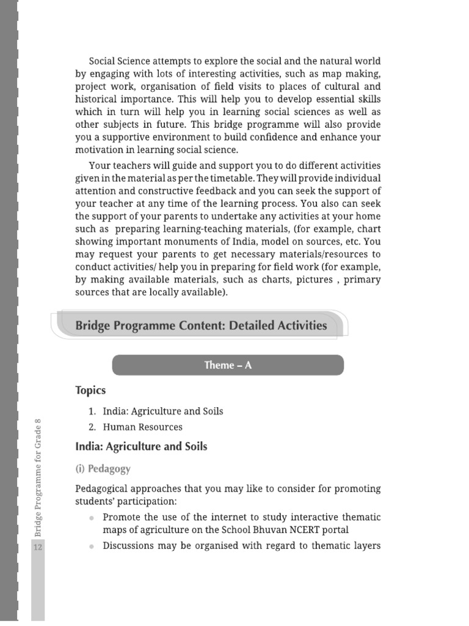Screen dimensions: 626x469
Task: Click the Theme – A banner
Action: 228,365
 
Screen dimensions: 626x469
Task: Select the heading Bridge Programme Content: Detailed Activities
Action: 201,325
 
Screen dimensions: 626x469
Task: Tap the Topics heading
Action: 90,390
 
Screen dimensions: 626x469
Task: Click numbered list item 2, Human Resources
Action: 142,427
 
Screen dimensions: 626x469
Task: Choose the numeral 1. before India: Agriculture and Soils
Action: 93,411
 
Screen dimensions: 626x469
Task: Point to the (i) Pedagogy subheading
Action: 103,469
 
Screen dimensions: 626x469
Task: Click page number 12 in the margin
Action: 38,547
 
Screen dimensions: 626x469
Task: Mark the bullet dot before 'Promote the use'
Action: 92,518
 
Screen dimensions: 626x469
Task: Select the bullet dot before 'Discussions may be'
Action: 92,546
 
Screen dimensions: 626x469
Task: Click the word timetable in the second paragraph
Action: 228,178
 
